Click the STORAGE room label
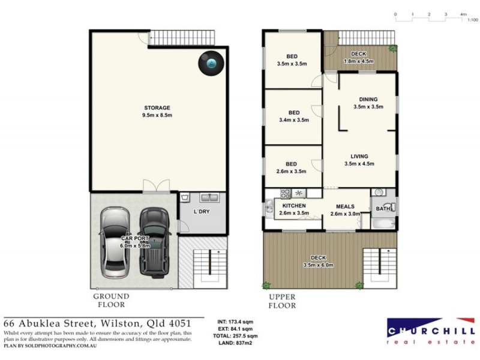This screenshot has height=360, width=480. (x=157, y=108)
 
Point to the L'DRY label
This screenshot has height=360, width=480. (x=201, y=213)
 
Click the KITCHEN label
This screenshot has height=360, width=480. (x=294, y=206)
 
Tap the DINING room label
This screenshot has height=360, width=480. (x=368, y=100)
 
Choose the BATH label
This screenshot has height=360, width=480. (x=382, y=209)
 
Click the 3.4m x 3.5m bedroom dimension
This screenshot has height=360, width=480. (x=293, y=120)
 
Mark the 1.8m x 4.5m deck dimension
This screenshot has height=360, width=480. (x=358, y=61)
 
